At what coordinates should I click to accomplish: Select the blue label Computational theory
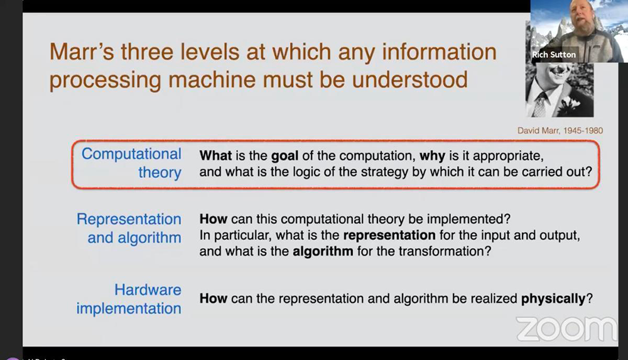click(131, 163)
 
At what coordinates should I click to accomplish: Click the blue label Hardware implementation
click(129, 298)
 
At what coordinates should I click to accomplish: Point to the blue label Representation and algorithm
click(129, 228)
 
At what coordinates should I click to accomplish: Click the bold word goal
click(284, 156)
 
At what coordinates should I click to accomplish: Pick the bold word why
click(432, 156)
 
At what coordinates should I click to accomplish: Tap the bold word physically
click(553, 298)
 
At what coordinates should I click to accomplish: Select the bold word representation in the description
click(389, 236)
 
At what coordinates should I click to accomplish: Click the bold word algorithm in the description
click(323, 251)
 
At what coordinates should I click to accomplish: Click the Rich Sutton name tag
click(554, 55)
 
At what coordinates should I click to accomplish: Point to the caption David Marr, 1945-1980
click(560, 130)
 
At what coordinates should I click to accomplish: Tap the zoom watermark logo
click(566, 329)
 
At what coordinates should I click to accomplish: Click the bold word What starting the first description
click(215, 156)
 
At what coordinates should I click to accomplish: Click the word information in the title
click(440, 52)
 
